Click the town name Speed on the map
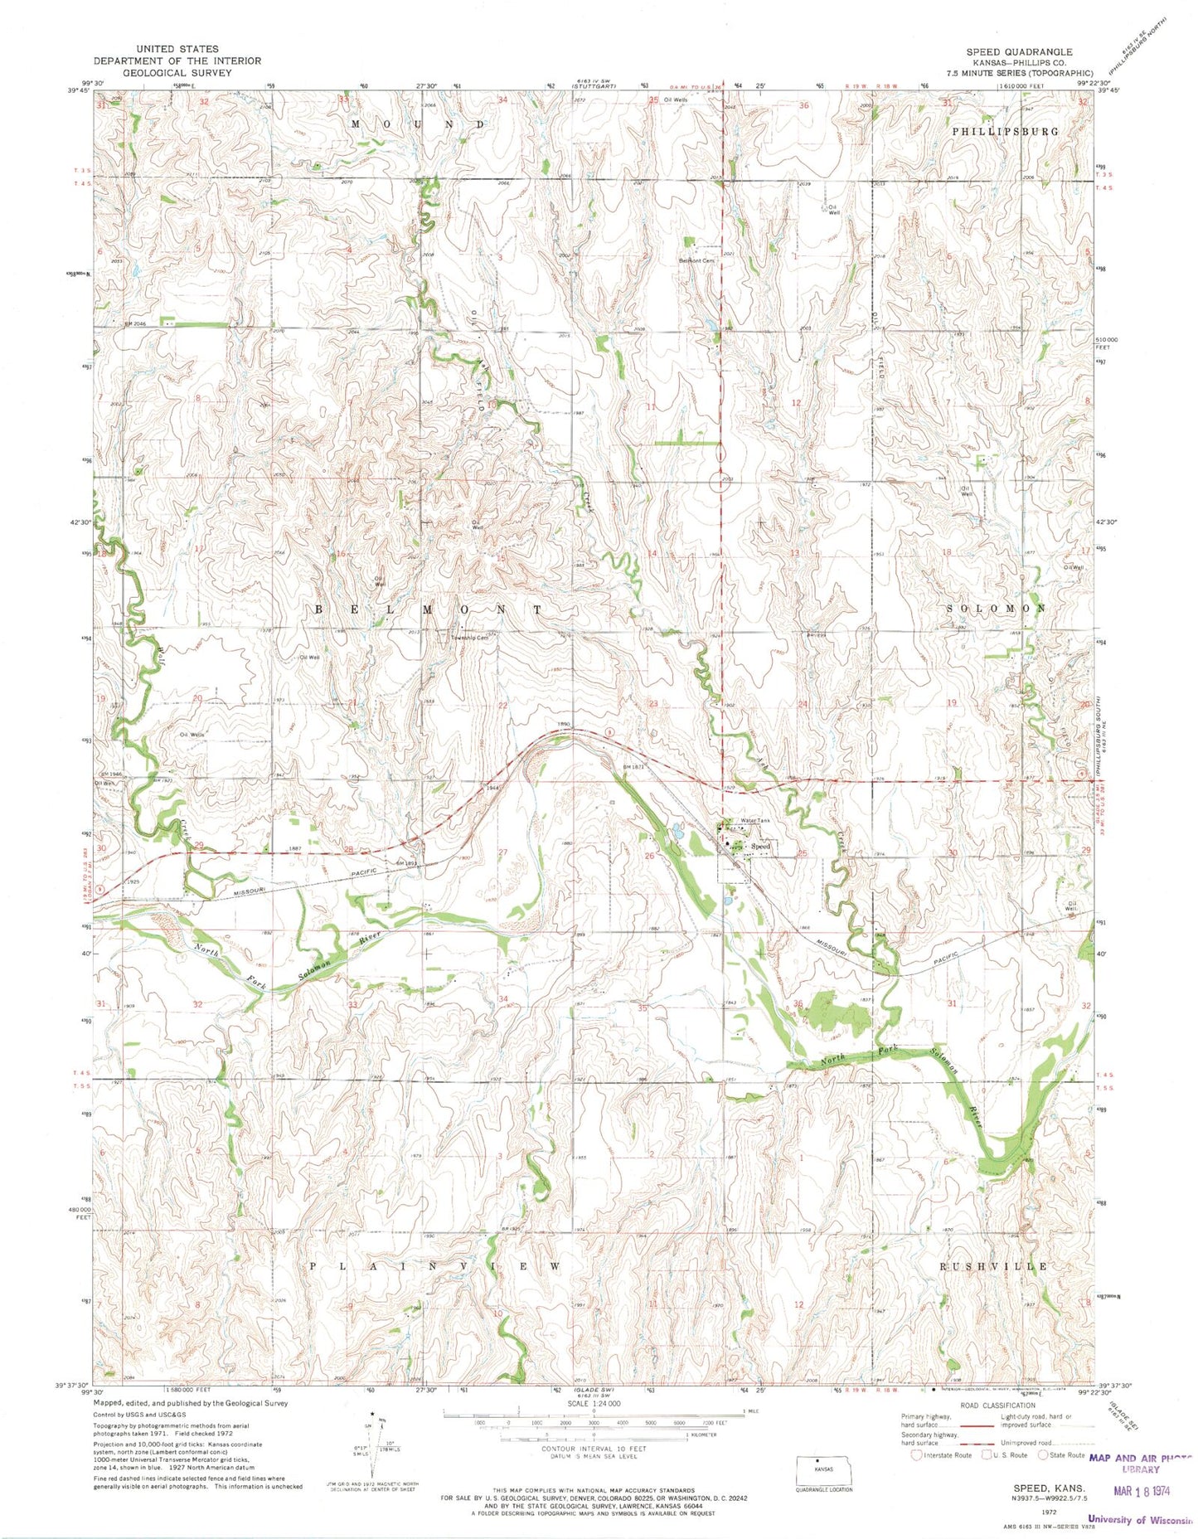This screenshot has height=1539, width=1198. (760, 846)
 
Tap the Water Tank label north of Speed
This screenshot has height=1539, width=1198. (755, 820)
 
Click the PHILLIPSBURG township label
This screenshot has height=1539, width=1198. (1005, 131)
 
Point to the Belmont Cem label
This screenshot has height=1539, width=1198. (696, 260)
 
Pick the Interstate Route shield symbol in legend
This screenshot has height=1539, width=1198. (916, 1455)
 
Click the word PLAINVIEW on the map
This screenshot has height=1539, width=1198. (435, 1266)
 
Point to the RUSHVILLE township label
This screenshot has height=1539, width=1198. (992, 1266)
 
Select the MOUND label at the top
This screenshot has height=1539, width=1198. (417, 124)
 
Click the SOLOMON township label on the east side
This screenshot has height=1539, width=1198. (995, 608)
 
